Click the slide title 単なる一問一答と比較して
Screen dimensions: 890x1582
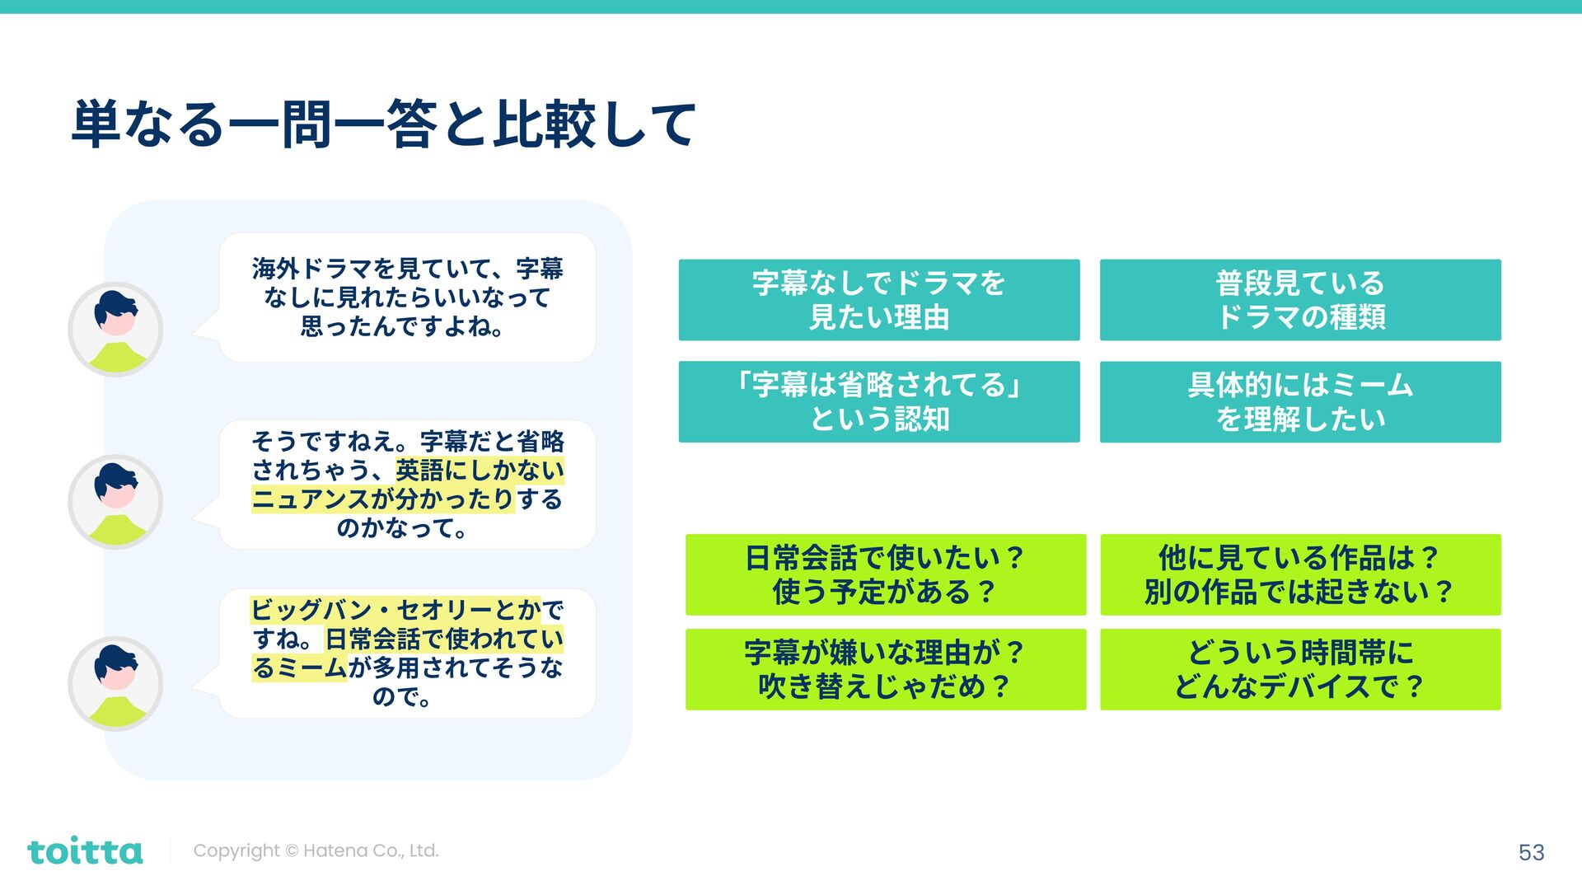[x=384, y=124]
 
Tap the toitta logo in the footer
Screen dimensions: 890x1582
[x=85, y=851]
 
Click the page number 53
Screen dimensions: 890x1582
[x=1531, y=852]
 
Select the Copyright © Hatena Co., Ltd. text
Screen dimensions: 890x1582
[x=316, y=850]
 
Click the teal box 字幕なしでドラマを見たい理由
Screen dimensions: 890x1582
[x=878, y=300]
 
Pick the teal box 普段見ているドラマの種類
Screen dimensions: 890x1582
[x=1300, y=300]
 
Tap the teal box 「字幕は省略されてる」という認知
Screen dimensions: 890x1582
[x=878, y=402]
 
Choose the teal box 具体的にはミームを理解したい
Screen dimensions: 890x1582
[x=1300, y=402]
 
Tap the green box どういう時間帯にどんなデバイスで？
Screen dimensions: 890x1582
[x=1300, y=669]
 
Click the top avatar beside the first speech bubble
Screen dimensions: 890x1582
[x=115, y=330]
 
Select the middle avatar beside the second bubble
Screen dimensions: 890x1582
[x=115, y=502]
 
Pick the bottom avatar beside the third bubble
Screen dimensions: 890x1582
[x=115, y=683]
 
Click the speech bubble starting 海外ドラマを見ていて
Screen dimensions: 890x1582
[x=407, y=297]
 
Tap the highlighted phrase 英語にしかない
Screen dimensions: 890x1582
[x=480, y=471]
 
